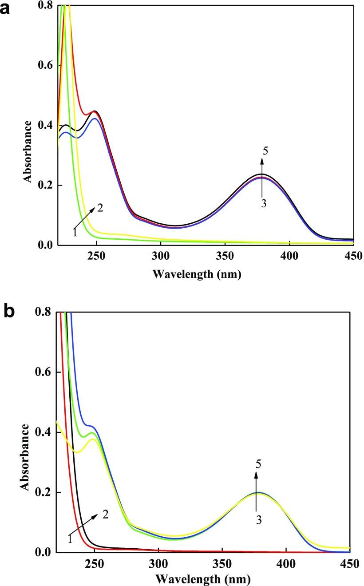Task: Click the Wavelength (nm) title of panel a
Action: pos(197,274)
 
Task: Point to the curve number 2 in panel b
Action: pos(105,515)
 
